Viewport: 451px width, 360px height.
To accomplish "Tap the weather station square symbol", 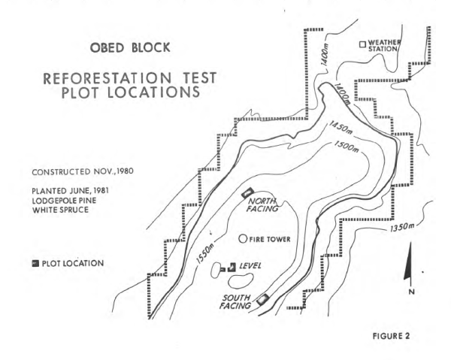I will [362, 44].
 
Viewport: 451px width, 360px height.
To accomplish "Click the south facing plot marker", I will [262, 298].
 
